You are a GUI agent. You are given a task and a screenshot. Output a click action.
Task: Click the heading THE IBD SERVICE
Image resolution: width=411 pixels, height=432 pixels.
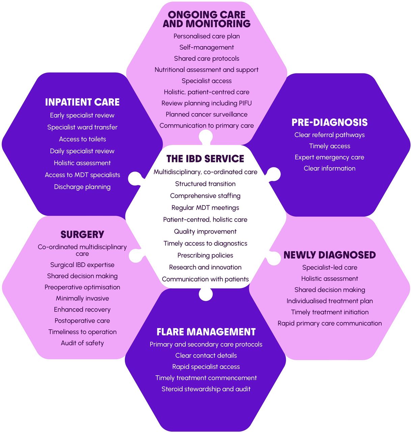tap(205, 159)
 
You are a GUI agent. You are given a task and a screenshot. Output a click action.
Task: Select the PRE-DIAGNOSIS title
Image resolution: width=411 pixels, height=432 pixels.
tap(329, 123)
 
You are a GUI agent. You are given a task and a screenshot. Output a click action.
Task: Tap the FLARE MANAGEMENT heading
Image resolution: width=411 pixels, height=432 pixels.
tap(206, 332)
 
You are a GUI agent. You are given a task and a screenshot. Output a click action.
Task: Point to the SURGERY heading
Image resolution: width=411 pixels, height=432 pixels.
tap(82, 235)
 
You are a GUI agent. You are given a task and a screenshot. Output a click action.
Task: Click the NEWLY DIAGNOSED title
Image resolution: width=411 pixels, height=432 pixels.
tap(329, 255)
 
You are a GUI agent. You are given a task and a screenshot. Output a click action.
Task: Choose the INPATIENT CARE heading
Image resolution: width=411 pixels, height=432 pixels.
tap(82, 102)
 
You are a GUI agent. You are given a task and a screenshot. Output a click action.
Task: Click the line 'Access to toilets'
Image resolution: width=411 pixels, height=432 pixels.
tap(82, 139)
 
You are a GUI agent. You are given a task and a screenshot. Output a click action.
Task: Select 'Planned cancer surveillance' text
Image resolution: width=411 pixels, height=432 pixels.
tap(207, 114)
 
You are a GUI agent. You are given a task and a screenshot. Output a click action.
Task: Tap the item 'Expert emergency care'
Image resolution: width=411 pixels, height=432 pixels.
tap(329, 157)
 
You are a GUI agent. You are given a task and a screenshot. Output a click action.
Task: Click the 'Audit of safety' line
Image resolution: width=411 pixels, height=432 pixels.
tap(82, 343)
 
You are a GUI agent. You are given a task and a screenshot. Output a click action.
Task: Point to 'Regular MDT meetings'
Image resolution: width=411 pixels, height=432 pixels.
tap(205, 208)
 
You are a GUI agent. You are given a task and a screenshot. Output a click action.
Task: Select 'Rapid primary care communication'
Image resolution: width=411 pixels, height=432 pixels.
tap(329, 323)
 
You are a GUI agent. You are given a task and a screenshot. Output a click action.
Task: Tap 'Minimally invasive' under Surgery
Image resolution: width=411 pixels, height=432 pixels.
tap(82, 298)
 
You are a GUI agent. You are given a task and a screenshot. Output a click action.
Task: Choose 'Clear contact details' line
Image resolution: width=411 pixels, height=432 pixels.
tap(206, 355)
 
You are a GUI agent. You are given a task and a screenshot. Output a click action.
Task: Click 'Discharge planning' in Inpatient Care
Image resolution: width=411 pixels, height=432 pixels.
tap(82, 187)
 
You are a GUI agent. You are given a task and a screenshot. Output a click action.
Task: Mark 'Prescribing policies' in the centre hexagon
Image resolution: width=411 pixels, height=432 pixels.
tap(205, 255)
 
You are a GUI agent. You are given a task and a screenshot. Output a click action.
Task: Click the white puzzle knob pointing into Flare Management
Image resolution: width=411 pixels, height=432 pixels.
tap(206, 294)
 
